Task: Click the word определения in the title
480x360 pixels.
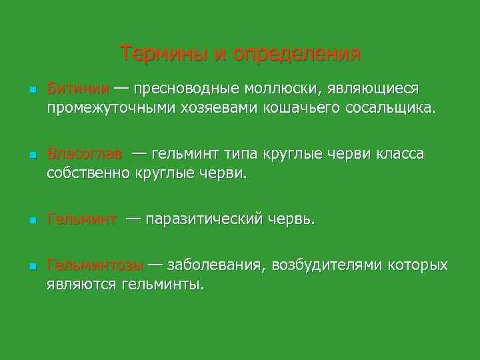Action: (x=297, y=54)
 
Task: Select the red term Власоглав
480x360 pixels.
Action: (x=85, y=155)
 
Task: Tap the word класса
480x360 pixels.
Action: (x=397, y=155)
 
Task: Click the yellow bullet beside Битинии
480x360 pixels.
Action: (x=23, y=89)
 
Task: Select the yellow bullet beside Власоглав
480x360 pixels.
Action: (x=23, y=155)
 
